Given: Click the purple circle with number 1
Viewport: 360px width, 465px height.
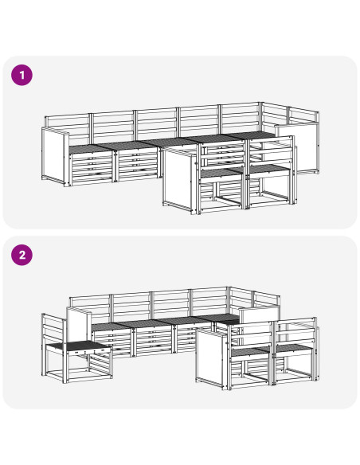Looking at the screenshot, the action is [x=22, y=75].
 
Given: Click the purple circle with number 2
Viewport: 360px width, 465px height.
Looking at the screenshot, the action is [x=22, y=255].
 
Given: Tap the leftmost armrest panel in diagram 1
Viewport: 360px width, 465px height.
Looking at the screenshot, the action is [x=56, y=156].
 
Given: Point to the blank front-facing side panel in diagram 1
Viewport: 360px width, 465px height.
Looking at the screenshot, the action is [x=179, y=181].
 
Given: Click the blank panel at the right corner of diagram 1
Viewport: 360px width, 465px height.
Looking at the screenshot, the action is [x=297, y=147].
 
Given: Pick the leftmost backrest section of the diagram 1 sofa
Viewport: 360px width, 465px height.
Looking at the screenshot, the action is [x=68, y=129].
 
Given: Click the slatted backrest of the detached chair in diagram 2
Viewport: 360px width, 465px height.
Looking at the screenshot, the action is [x=53, y=330].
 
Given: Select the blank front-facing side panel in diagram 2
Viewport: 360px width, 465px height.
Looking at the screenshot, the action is [x=211, y=358].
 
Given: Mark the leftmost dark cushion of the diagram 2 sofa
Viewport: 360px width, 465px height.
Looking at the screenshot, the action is [x=110, y=326].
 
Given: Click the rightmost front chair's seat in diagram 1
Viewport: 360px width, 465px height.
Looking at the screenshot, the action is [x=268, y=169].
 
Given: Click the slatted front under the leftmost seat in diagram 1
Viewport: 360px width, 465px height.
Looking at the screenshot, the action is [x=92, y=169].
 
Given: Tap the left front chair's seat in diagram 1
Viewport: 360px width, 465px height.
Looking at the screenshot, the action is [x=221, y=173].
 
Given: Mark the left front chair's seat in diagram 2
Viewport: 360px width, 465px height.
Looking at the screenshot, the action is [x=251, y=352].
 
